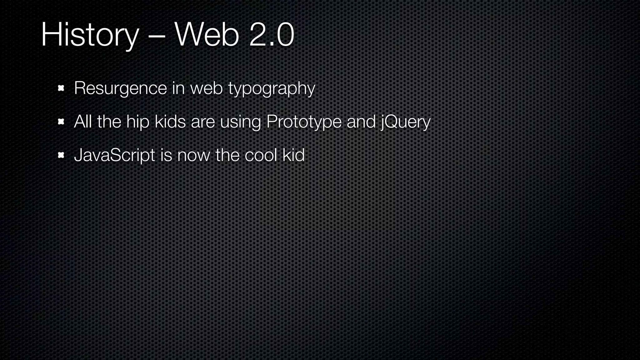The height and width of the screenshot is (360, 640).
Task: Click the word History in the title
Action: coord(90,35)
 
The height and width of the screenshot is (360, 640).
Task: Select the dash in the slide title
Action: coord(157,36)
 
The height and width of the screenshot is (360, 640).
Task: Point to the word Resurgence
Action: coord(120,89)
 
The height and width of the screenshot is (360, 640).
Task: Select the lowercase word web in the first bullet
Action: coord(206,88)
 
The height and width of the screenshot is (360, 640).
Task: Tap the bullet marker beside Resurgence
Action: coord(61,88)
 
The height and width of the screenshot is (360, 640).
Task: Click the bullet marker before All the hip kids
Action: coord(61,122)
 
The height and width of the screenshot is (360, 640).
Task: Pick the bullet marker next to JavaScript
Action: coord(61,155)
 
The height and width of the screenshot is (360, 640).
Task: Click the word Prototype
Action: coord(304,122)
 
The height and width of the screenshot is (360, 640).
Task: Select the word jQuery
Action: coord(405,122)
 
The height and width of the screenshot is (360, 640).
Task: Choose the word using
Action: coord(240,122)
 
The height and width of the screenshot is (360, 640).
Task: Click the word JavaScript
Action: coord(114,155)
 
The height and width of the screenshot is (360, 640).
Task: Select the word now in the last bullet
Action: coord(194,155)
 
